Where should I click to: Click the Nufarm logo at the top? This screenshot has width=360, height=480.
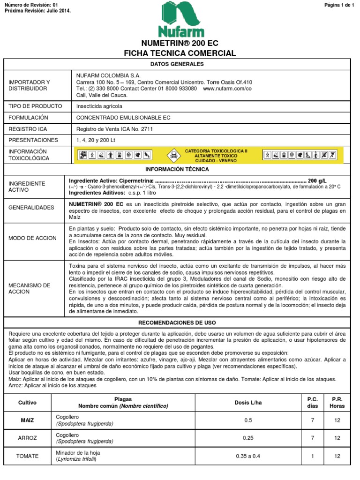[180, 20]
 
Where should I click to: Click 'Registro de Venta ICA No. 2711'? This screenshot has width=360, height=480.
[114, 129]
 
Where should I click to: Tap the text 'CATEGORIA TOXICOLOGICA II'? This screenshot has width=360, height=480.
[216, 151]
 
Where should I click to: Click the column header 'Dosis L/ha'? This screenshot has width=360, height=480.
[248, 402]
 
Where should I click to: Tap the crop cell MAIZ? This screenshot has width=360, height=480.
[27, 420]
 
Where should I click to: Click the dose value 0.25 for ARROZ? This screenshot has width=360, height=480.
[248, 438]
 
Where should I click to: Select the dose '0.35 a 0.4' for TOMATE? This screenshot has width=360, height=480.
[248, 456]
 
